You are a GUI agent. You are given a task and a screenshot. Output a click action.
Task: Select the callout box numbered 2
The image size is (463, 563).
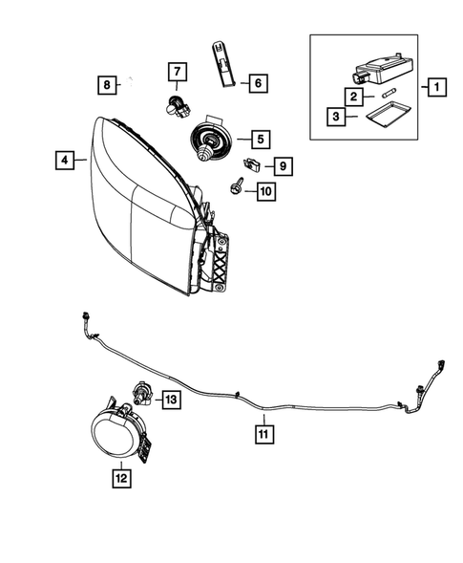353,96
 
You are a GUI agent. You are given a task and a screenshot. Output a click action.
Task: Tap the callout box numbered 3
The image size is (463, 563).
336,118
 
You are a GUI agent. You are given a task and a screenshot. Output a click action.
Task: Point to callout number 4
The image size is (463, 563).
64,161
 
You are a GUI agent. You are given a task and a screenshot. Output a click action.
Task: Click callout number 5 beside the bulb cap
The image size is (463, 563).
258,139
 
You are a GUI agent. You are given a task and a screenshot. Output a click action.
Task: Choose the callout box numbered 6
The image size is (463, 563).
257,83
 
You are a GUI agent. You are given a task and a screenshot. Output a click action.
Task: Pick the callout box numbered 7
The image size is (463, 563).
177,71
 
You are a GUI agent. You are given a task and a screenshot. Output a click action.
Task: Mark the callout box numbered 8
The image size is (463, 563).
108,85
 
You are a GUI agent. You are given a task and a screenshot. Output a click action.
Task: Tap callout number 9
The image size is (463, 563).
284,165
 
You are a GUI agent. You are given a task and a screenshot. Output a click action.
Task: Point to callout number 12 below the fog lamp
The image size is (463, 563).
121,475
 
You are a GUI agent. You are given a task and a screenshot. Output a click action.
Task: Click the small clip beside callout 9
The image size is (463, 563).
252,163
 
